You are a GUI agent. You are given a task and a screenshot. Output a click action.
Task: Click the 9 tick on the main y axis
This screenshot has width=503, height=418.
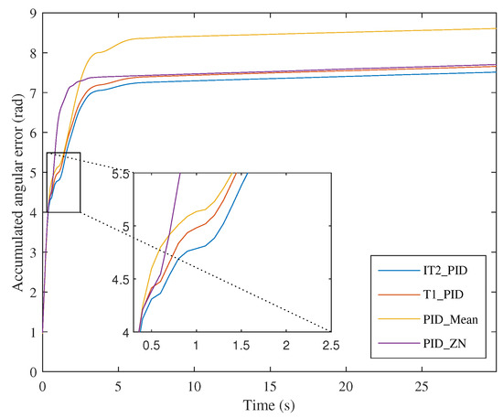tap(34, 13)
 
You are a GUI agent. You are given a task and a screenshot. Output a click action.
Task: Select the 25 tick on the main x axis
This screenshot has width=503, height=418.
tap(422, 385)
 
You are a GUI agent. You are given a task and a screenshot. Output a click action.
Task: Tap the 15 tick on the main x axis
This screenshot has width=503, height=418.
tap(270, 385)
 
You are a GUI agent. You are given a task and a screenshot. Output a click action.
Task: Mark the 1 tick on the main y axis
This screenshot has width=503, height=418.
tap(34, 331)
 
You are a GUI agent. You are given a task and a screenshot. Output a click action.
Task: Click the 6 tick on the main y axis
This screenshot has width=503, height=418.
tap(34, 133)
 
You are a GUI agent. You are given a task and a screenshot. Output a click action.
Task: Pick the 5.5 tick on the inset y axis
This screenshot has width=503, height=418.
tap(117, 172)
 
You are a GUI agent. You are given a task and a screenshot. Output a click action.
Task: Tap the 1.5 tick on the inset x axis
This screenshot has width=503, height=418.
tap(241, 345)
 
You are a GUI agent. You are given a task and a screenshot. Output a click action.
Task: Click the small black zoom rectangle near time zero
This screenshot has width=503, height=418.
tap(62, 182)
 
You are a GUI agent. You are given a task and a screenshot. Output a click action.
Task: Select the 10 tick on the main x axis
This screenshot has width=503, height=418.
tap(194, 385)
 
